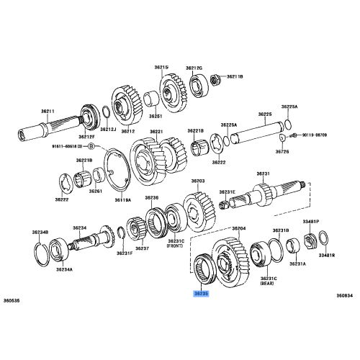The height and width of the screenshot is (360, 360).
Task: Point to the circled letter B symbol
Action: (x=90, y=146)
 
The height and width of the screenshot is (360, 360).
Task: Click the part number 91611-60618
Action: (x=66, y=146)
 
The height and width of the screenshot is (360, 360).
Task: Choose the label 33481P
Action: (x=311, y=222)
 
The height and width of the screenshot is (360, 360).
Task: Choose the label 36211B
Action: (x=235, y=76)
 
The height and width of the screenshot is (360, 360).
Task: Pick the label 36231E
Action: (x=228, y=192)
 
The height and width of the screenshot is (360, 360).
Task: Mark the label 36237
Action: (x=142, y=248)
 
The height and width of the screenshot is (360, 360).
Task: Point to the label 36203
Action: (x=198, y=182)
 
